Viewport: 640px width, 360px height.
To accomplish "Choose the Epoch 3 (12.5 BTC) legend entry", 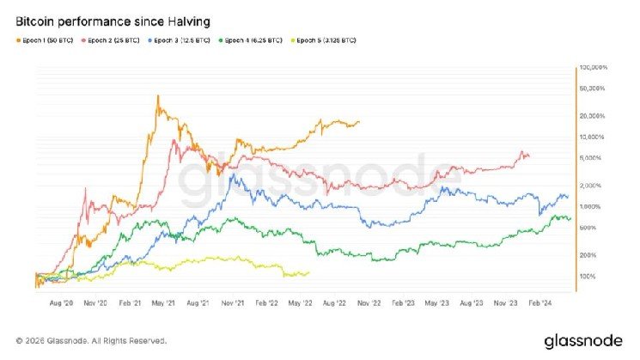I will (180, 40).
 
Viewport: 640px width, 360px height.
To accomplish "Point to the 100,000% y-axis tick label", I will (594, 67).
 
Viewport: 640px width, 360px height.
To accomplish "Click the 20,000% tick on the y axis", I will (594, 115).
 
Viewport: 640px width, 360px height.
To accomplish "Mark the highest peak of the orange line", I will (158, 95).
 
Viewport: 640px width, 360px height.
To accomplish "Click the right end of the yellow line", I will (308, 273).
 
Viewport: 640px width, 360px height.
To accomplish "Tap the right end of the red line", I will (528, 156).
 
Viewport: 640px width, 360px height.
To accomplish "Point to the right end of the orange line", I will (359, 122).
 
